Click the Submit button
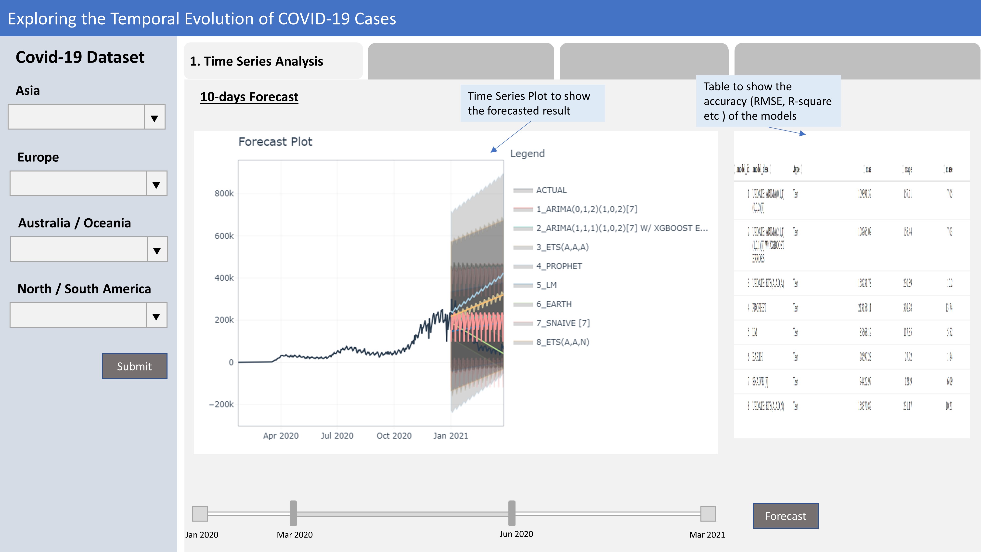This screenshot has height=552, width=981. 134,366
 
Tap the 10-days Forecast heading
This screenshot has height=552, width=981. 249,97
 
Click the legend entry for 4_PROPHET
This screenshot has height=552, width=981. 559,266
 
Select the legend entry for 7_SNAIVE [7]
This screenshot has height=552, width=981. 562,323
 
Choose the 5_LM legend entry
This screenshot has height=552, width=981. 546,285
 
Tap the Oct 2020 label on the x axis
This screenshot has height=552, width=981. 394,435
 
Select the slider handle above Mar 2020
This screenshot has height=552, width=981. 293,513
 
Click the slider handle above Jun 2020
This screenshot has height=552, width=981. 512,513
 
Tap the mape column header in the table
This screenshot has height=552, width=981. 908,169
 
